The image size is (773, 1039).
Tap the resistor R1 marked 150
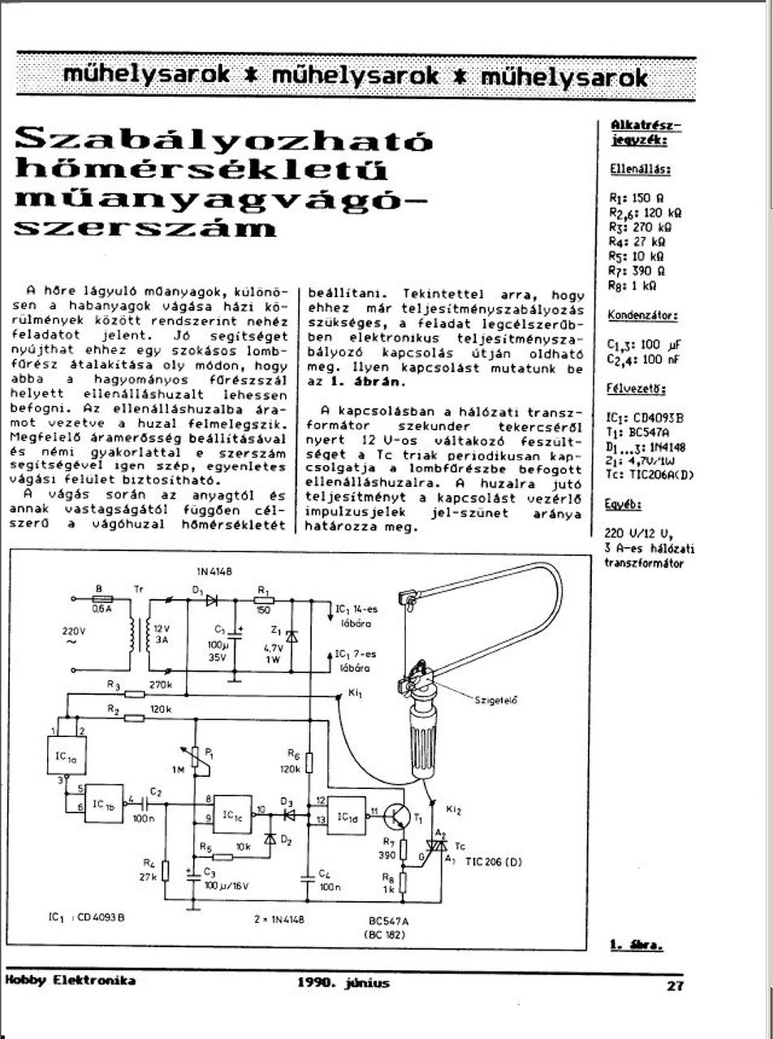click(x=264, y=600)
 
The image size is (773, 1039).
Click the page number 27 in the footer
click(x=675, y=986)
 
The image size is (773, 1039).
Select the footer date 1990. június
click(x=343, y=983)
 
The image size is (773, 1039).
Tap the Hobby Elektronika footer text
click(x=70, y=981)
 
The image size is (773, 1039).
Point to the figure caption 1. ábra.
click(x=636, y=944)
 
